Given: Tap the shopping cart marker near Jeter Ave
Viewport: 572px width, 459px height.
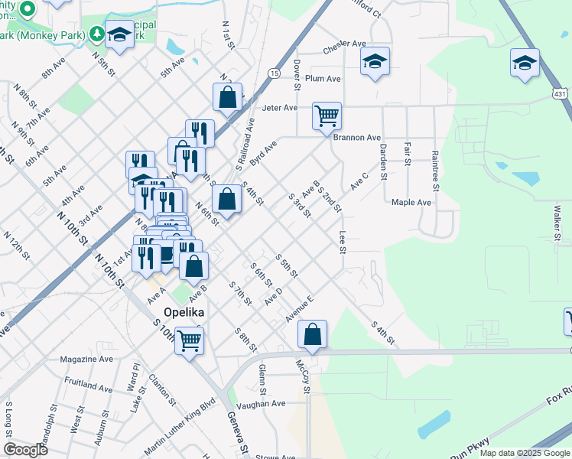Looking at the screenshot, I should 327,116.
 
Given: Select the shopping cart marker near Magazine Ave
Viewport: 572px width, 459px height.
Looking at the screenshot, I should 189,340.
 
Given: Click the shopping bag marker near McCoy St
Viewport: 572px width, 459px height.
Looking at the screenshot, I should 312,334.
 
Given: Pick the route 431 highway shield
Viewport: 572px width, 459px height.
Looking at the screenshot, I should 561,93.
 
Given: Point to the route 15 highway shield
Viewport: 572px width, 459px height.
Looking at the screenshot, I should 273,73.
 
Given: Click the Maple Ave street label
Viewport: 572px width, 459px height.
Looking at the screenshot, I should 411,203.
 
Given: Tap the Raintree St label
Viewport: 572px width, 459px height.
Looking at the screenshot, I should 435,171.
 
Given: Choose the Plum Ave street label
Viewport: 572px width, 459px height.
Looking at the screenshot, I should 323,79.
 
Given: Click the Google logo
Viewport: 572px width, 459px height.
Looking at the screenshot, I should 25,450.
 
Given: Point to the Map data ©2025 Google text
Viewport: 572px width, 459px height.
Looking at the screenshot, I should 524,453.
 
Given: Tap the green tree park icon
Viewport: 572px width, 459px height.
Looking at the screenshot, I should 97,34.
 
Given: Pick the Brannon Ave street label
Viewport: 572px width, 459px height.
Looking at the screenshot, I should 356,138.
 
